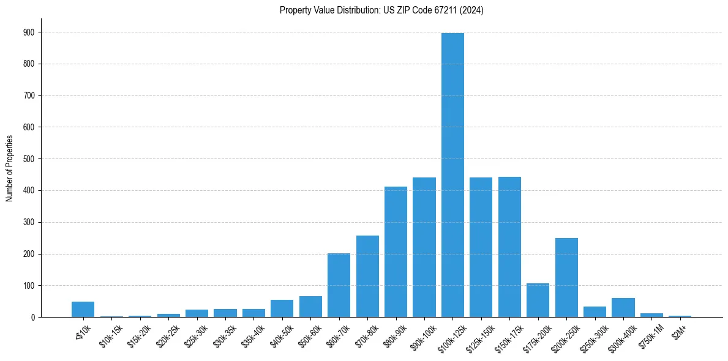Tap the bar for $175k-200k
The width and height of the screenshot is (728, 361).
point(538,300)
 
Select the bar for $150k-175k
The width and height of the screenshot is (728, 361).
point(509,247)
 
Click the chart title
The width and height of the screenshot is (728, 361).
point(381,10)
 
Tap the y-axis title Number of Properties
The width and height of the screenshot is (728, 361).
point(10,168)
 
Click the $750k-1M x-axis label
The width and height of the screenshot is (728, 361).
point(650,334)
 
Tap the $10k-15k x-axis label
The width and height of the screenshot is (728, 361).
point(110,334)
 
